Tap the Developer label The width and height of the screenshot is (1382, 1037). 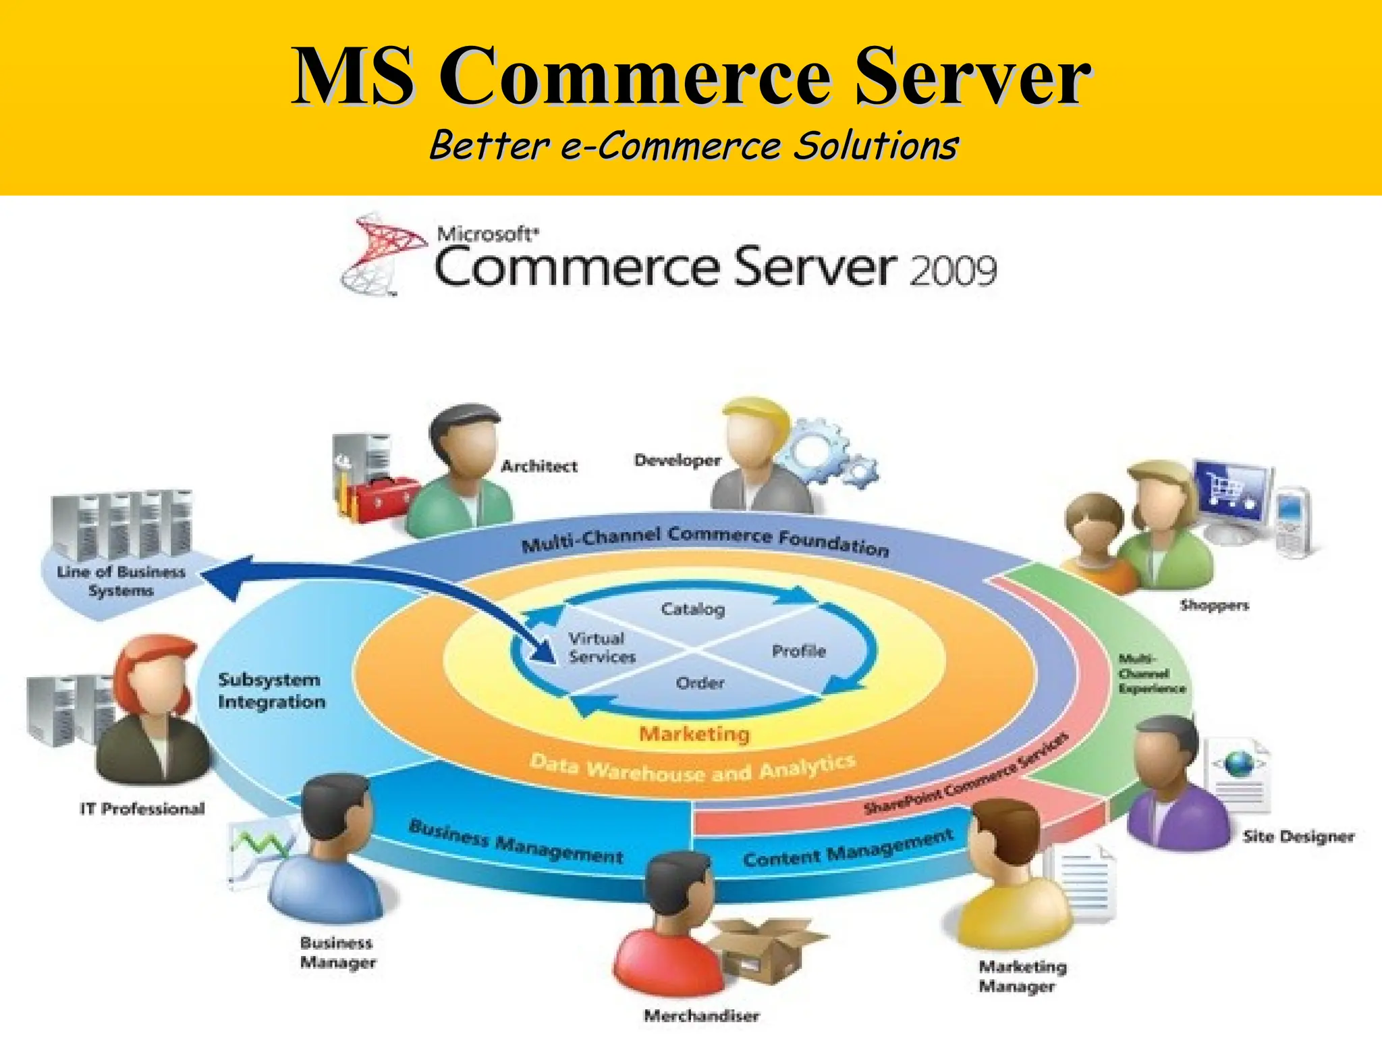pos(678,460)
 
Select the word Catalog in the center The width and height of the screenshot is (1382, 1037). pos(692,609)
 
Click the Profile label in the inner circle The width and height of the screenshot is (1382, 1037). pos(799,651)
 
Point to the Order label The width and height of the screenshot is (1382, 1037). pos(700,683)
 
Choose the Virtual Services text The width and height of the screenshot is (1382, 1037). pos(601,647)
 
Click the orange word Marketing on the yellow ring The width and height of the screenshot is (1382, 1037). pos(694,734)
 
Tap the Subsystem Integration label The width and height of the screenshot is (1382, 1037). pos(271,691)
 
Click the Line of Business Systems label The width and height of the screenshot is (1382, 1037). pos(121,581)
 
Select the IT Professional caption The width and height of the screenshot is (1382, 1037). pos(142,809)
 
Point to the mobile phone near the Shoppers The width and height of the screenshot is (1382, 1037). pos(1292,523)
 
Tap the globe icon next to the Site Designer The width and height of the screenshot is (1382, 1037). pos(1240,765)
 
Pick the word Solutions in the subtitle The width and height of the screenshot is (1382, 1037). pos(875,146)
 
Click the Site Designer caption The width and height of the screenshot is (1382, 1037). pos(1298,837)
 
